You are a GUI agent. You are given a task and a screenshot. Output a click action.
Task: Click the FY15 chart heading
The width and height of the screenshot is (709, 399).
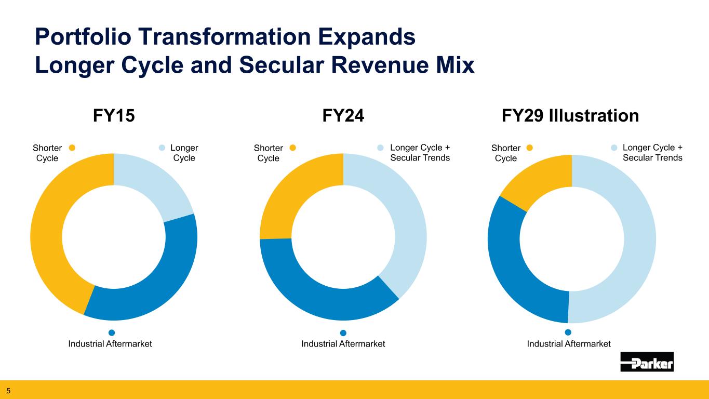coord(114,115)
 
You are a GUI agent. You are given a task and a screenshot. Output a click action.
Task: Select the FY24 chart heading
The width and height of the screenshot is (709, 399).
coord(343,115)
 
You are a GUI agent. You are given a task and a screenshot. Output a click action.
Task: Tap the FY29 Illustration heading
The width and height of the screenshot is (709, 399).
coord(570,115)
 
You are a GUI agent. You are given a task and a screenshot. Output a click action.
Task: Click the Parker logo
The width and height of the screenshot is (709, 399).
coord(647,362)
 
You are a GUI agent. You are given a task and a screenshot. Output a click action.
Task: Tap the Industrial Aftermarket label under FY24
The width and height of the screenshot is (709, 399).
coord(343,344)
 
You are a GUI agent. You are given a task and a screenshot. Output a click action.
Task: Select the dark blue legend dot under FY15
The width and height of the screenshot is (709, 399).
coord(111,332)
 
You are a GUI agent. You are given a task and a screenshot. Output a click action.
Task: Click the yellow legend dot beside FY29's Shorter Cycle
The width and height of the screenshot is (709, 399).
coord(530,148)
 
